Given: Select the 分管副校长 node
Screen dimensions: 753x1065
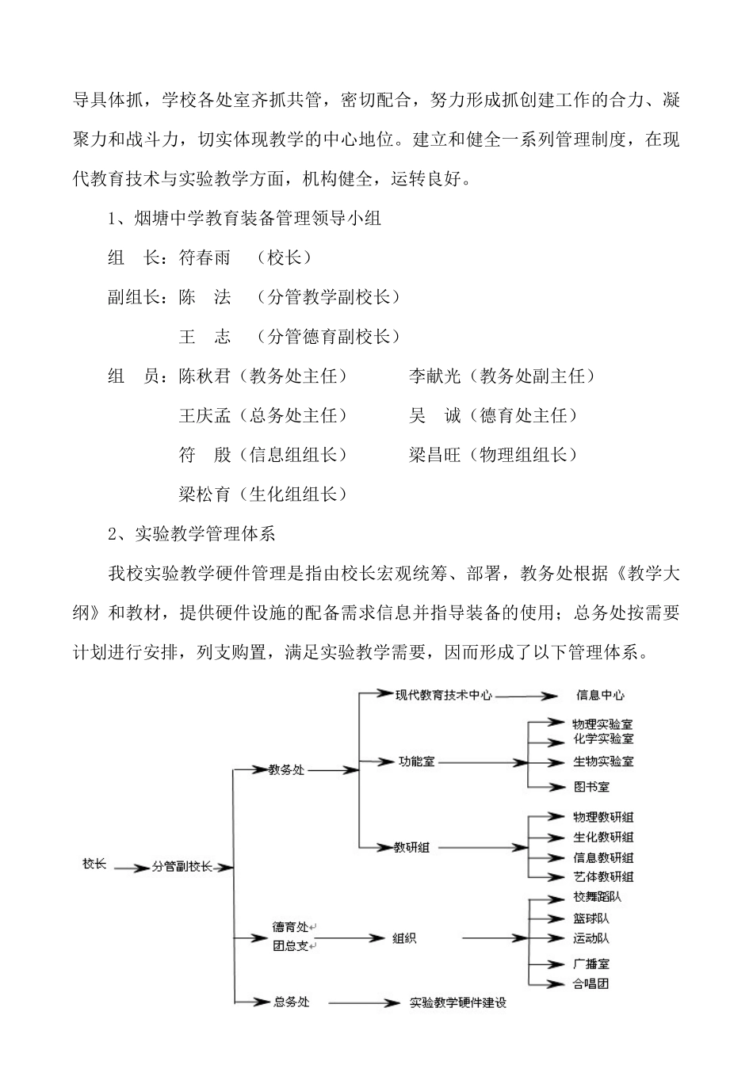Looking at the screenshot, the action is pyautogui.click(x=182, y=867).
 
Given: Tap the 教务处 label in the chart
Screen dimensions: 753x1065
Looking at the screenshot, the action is pyautogui.click(x=286, y=769).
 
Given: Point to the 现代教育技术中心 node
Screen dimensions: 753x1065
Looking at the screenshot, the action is pyautogui.click(x=444, y=695).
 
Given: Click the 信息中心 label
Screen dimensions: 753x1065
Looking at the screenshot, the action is pyautogui.click(x=600, y=696).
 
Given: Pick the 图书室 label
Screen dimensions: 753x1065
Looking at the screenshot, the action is pyautogui.click(x=591, y=787).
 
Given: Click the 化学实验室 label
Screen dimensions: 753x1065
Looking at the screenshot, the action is pyautogui.click(x=603, y=739).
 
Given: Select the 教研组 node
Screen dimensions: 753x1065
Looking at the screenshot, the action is pyautogui.click(x=412, y=846).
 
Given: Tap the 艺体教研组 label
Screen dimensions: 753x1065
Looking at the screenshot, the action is pyautogui.click(x=603, y=876).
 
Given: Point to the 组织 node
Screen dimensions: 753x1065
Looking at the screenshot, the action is pyautogui.click(x=404, y=938).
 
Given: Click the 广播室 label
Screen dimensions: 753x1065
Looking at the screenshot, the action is pyautogui.click(x=591, y=964).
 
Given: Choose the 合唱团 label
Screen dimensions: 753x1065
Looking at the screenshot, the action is pyautogui.click(x=591, y=984).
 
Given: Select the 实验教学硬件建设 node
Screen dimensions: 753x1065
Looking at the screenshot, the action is pyautogui.click(x=458, y=1002).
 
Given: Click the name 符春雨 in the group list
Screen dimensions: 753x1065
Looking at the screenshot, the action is pyautogui.click(x=204, y=258).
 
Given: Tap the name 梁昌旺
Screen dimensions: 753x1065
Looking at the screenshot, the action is pyautogui.click(x=435, y=455).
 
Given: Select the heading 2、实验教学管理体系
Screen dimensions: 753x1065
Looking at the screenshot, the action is pyautogui.click(x=192, y=533).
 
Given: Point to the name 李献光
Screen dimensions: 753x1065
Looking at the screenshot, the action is pyautogui.click(x=435, y=376).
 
